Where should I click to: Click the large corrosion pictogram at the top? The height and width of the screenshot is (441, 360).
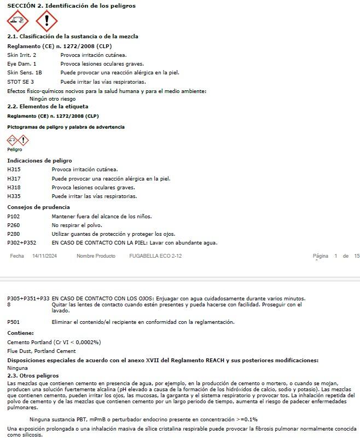[x=18, y=21]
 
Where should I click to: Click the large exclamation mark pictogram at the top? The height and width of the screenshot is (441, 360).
[x=47, y=21]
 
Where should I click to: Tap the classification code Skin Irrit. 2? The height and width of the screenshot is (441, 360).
[x=22, y=55]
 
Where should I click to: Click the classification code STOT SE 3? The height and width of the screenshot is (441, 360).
[x=21, y=82]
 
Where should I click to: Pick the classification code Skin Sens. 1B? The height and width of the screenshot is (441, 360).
[x=24, y=72]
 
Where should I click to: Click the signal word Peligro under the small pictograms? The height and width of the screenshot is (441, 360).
[x=15, y=149]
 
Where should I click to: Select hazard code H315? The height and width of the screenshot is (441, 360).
[x=14, y=170]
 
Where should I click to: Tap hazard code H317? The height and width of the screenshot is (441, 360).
[x=14, y=178]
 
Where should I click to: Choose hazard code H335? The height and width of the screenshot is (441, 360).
[x=14, y=196]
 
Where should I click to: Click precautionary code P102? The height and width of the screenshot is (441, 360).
[x=14, y=216]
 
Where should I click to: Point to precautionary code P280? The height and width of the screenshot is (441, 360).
[x=14, y=234]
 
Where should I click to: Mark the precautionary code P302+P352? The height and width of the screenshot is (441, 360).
[x=22, y=242]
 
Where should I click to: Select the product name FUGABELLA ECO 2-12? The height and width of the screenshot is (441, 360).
[x=155, y=256]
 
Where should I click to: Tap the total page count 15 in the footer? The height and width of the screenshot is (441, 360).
[x=357, y=256]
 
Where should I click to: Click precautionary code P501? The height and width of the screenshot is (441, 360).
[x=14, y=322]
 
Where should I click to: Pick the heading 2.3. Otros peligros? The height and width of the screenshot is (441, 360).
[x=33, y=376]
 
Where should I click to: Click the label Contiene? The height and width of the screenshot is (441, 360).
[x=20, y=333]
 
